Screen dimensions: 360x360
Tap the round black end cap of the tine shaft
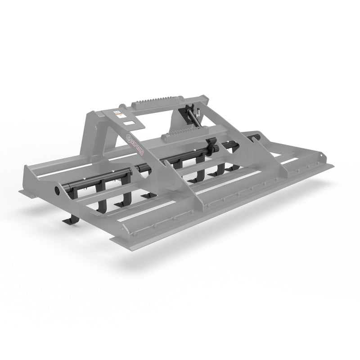59,190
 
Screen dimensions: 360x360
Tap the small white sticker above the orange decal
117,110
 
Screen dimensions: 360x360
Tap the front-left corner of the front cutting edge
111,240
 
